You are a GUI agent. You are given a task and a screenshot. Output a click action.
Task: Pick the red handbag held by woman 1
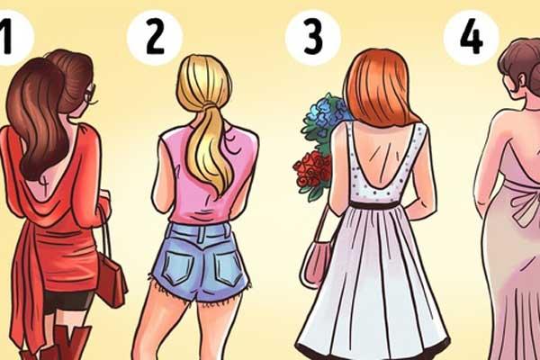(x=111, y=282)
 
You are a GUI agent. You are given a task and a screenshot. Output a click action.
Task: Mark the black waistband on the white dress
(x=379, y=205)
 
